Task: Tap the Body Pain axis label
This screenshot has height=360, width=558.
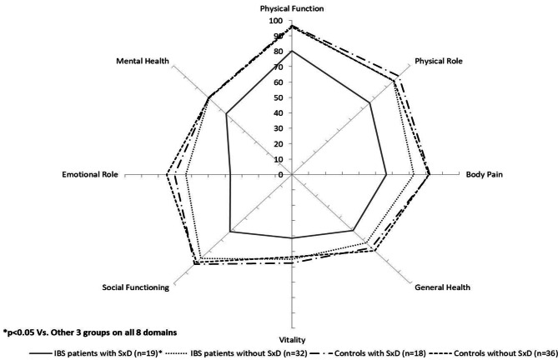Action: (x=483, y=174)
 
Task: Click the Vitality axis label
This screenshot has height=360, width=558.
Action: (x=291, y=340)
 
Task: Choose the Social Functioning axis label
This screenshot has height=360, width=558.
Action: (x=136, y=287)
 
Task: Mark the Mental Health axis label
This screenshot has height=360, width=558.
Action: (x=143, y=62)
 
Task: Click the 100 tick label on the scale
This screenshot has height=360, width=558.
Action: (x=275, y=21)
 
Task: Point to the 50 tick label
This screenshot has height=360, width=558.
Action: (x=278, y=97)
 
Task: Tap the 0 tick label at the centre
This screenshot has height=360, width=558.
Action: (x=281, y=174)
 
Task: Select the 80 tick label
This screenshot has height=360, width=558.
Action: (x=278, y=52)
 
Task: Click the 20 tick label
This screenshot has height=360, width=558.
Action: (x=278, y=143)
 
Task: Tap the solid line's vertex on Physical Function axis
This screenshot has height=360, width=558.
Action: (x=291, y=52)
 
